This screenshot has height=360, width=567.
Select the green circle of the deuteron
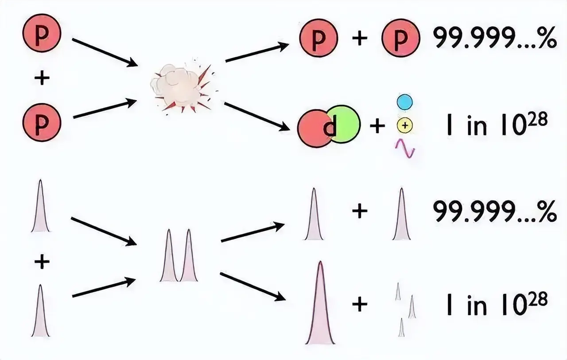click(x=345, y=124)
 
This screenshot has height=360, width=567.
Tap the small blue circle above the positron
click(x=405, y=102)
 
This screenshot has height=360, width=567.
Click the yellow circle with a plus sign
click(x=405, y=125)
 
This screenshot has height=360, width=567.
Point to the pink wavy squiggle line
click(x=405, y=149)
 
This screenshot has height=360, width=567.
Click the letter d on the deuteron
click(x=330, y=127)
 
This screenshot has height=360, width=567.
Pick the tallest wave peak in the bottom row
click(x=320, y=303)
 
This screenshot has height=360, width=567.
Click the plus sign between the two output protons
click(x=360, y=38)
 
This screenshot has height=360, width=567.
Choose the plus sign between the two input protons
click(x=42, y=78)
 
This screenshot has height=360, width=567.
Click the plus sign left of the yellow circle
click(x=377, y=125)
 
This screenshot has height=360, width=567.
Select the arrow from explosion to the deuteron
click(x=257, y=117)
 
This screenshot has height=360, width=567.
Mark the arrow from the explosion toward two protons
click(x=257, y=52)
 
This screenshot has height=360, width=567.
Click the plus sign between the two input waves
click(x=42, y=262)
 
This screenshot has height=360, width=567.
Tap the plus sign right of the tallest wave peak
click(x=360, y=304)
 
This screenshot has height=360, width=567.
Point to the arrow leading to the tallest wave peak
click(x=253, y=287)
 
